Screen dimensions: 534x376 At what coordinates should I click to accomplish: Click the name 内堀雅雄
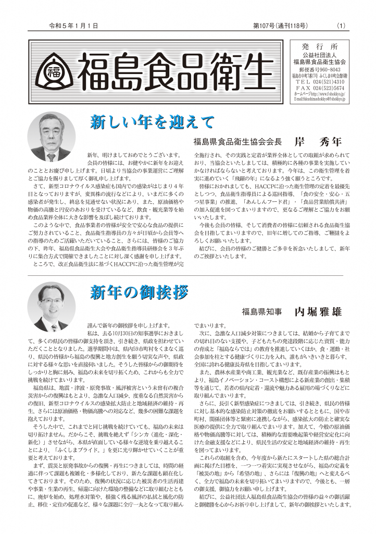318,312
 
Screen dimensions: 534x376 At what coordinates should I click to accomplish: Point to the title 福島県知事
261,312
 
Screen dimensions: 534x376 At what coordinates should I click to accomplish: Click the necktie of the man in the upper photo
51,156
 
